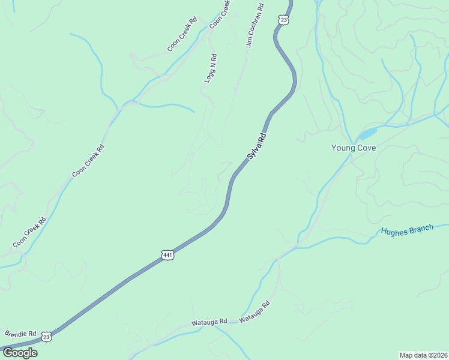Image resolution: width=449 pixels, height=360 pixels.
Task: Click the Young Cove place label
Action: coord(354,148)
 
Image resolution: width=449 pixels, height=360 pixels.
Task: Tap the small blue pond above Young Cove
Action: coord(367,133)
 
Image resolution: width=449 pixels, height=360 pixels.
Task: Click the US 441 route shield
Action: coord(168,255)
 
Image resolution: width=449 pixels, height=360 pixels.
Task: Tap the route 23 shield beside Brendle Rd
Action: coord(47,337)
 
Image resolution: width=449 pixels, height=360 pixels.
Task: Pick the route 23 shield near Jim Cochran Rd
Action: coord(283,20)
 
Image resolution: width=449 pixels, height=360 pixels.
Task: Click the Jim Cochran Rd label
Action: coord(255,25)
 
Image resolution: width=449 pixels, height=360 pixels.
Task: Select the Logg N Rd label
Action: coord(210,68)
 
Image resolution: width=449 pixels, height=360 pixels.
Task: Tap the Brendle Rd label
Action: coord(20,333)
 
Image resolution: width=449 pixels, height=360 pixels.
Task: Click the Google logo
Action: coord(19,353)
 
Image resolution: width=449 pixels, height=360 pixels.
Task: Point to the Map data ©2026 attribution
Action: coord(423,355)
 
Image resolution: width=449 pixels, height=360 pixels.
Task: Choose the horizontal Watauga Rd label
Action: coord(209,322)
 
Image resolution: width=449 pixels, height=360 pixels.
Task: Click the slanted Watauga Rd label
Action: coord(255,311)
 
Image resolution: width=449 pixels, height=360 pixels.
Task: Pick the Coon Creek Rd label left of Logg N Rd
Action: coord(182,35)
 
